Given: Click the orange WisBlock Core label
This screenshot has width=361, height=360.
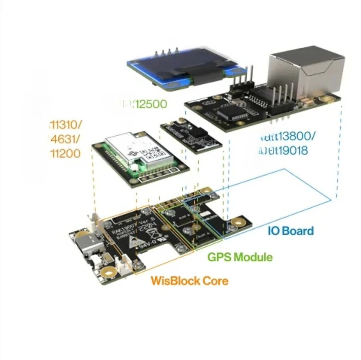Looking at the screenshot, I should pyautogui.click(x=189, y=281).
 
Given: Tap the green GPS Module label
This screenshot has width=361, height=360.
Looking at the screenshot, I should pyautogui.click(x=240, y=257).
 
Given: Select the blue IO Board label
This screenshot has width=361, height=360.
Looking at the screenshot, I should pyautogui.click(x=291, y=231).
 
